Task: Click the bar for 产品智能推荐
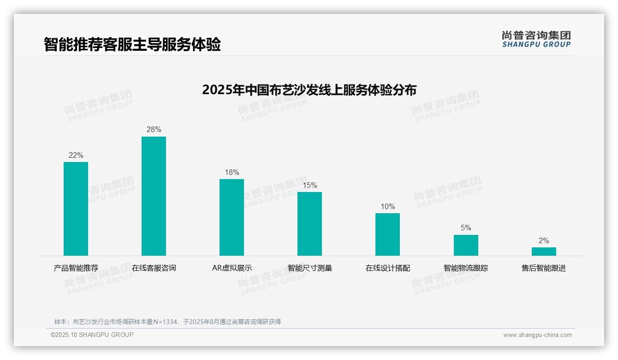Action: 76,209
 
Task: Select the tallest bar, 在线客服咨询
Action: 154,196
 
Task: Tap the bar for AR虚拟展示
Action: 232,217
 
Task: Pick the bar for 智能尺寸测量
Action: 309,224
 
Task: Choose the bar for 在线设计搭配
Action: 387,234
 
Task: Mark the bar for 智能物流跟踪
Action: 466,245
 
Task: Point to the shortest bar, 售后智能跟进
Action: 544,252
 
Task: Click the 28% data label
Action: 154,130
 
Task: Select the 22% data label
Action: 76,156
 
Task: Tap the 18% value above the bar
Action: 232,173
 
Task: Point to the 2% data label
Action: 544,241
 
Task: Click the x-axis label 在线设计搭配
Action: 387,268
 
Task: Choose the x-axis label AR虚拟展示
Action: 232,268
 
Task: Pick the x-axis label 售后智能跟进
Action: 544,268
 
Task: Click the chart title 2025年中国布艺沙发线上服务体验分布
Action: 309,90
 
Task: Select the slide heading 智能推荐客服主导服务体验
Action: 132,44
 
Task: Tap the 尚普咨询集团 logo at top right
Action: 536,39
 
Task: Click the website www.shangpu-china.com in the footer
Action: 537,335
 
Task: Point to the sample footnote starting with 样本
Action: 167,322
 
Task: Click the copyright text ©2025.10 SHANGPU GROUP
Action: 92,335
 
